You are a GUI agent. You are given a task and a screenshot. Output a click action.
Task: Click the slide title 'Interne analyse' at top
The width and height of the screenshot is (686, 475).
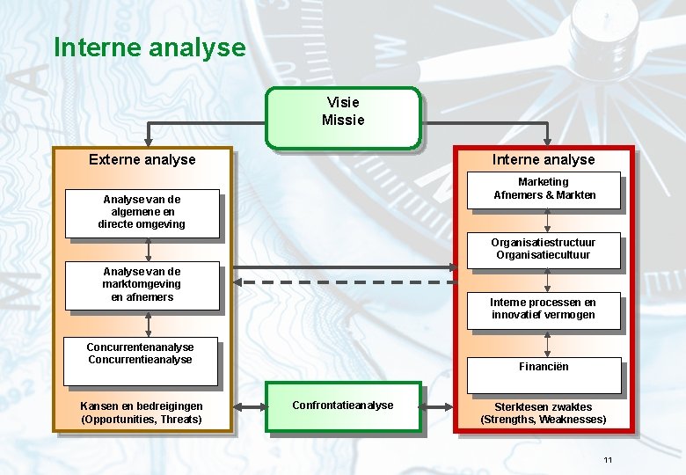150,47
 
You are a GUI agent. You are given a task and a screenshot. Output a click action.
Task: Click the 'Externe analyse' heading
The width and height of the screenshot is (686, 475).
142,159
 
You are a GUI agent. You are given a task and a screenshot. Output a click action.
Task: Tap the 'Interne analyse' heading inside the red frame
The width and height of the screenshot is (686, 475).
543,159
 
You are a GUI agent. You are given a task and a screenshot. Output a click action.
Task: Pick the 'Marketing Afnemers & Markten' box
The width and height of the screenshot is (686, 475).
544,189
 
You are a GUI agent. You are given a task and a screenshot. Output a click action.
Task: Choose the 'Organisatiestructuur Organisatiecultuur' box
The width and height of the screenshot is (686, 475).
543,249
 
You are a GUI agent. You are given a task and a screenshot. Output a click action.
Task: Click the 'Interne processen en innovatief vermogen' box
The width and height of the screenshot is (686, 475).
543,309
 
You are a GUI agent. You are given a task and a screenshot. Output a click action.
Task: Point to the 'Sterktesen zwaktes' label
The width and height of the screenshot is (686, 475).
543,407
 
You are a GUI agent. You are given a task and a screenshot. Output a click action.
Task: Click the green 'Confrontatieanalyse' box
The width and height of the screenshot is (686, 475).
343,406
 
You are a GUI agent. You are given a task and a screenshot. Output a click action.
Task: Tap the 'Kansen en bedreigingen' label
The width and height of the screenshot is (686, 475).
141,406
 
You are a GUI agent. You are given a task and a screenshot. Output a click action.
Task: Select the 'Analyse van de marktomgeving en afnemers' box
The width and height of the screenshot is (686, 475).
142,285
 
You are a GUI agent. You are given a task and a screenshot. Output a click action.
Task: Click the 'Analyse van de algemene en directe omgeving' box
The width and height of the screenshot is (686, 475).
142,212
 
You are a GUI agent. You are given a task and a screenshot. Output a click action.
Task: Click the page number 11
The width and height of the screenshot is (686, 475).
608,461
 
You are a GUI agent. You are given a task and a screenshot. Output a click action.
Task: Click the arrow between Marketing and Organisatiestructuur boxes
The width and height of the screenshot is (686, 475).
548,223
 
